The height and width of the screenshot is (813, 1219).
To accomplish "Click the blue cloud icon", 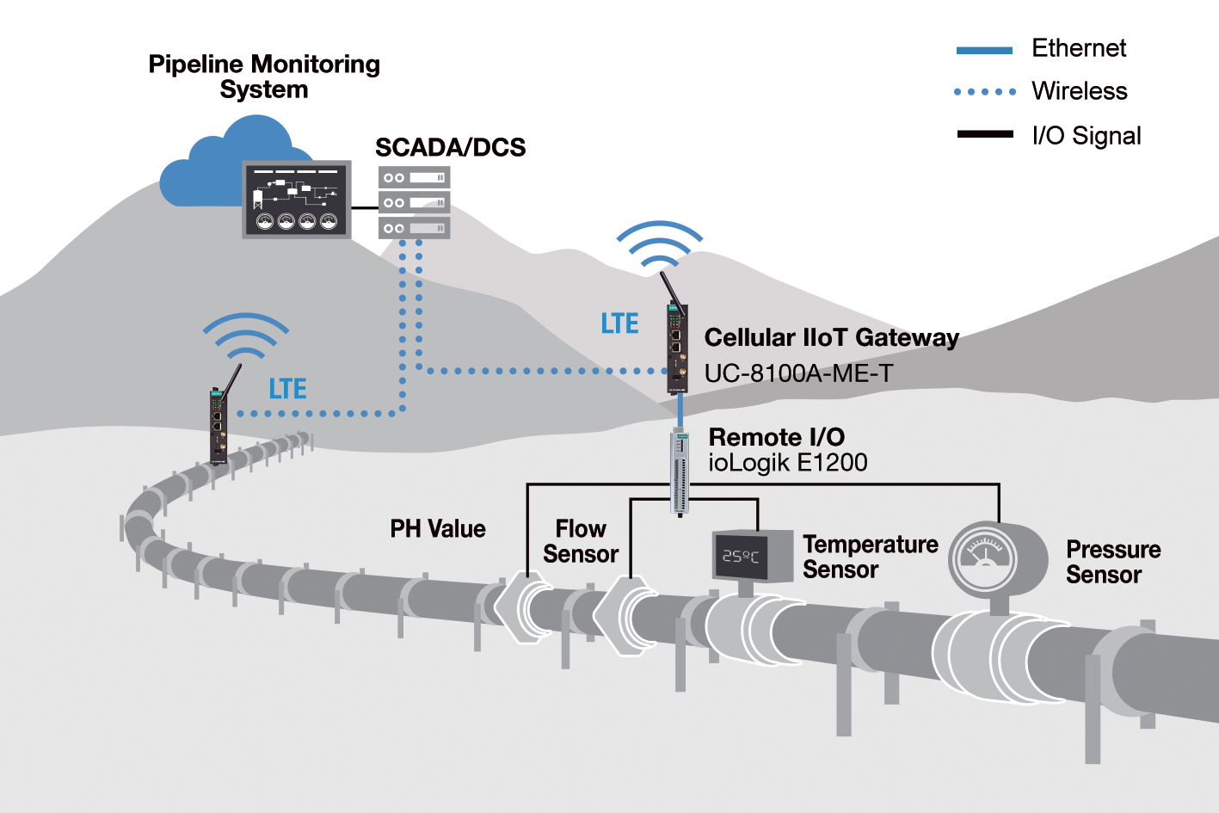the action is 218,163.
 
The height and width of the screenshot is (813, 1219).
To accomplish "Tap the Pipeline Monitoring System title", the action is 264,77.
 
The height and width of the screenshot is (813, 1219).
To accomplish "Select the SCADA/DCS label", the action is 451,147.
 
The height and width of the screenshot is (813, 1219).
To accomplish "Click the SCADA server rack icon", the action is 414,202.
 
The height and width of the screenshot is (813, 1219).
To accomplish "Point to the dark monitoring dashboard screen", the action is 297,200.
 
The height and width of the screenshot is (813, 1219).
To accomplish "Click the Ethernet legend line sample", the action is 984,51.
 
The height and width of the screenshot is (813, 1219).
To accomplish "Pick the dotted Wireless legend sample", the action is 984,92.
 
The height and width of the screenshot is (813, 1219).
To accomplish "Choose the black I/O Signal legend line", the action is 985,134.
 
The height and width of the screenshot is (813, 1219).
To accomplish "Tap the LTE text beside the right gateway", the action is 619,323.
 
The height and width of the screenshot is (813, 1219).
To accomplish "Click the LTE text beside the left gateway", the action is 288,389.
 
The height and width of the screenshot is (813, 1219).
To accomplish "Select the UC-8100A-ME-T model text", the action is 798,373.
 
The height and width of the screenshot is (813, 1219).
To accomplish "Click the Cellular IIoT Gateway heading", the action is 832,337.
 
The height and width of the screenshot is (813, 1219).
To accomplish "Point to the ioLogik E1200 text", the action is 787,463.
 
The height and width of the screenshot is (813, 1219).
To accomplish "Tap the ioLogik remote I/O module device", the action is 680,471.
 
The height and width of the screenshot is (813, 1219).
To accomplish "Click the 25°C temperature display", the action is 741,556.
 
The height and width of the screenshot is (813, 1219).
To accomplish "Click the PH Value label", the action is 438,528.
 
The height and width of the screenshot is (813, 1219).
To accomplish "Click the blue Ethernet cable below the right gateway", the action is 680,410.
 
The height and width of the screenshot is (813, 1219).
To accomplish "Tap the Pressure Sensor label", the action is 1113,562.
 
